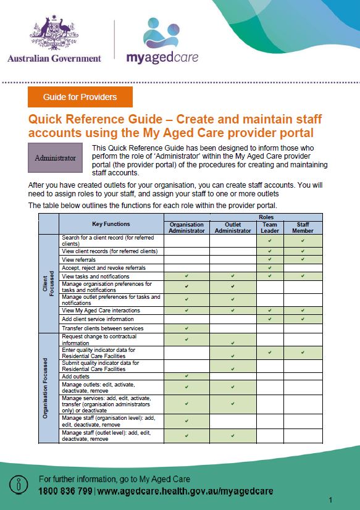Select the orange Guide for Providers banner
click(x=80, y=98)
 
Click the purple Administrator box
click(x=56, y=158)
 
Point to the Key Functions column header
click(x=111, y=224)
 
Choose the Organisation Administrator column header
click(x=186, y=227)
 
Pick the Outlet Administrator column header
click(x=233, y=227)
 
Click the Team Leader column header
click(x=270, y=227)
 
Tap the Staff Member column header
click(x=303, y=227)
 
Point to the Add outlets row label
click(x=77, y=376)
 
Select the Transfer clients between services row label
click(x=103, y=328)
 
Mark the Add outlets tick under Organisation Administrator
click(x=186, y=376)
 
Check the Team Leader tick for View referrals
click(x=270, y=260)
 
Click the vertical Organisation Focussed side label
click(x=46, y=387)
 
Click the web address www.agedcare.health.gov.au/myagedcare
click(x=185, y=491)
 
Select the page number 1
click(x=331, y=500)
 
